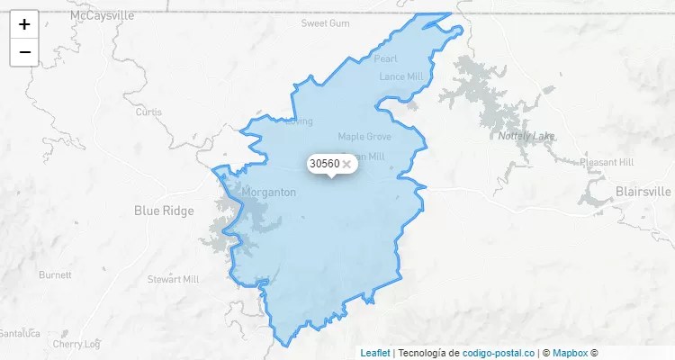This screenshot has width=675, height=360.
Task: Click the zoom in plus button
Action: tap(24, 24)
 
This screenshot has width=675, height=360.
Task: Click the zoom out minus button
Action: tap(24, 52)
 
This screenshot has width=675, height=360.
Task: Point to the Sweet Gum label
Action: tap(325, 22)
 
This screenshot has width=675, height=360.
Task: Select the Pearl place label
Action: tap(385, 58)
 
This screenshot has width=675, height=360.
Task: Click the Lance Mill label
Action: tap(400, 76)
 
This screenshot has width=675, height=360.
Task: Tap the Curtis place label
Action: tap(148, 112)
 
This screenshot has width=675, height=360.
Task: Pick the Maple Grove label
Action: tap(364, 137)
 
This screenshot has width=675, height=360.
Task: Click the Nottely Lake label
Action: tap(526, 137)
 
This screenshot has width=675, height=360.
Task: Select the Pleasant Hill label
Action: tap(607, 162)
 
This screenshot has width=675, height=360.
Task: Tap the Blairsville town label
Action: tap(643, 192)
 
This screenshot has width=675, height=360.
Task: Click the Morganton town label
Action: tap(269, 193)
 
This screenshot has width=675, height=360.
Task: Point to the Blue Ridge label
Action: tap(164, 211)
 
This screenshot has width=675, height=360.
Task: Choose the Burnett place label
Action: tap(55, 274)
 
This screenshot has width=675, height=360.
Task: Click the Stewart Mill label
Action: tap(173, 279)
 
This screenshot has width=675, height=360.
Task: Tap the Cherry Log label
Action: tap(76, 344)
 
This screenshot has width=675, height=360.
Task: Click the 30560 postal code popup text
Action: tap(324, 164)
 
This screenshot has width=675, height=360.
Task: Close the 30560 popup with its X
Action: tap(346, 164)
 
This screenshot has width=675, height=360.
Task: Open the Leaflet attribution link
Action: tap(375, 353)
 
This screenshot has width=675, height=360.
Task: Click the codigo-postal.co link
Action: tap(498, 353)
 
